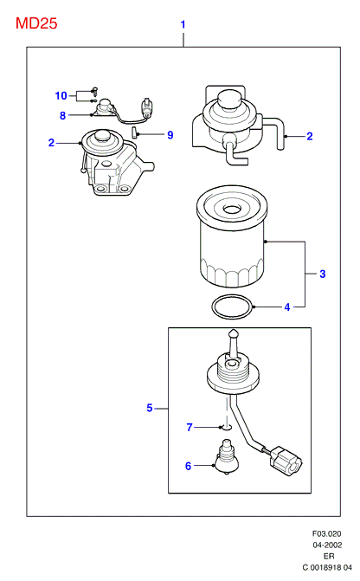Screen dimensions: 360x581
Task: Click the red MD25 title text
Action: (36, 23)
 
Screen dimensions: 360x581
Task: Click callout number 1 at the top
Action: (183, 24)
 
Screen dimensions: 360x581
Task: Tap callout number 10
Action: (61, 95)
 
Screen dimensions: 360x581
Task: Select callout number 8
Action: (62, 116)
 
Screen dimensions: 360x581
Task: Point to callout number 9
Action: (170, 135)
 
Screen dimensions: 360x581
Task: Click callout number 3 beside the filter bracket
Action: (322, 274)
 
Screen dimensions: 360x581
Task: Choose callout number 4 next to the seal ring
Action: (287, 307)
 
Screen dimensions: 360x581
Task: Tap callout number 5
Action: (149, 408)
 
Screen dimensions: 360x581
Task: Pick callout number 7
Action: (190, 428)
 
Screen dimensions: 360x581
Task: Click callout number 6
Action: (188, 466)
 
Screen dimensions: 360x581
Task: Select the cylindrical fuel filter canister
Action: (231, 236)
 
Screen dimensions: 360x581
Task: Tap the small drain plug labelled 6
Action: (226, 456)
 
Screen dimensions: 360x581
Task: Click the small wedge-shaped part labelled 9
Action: (135, 132)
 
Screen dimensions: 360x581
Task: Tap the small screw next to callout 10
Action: (95, 90)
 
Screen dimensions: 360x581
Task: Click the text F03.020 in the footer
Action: (326, 534)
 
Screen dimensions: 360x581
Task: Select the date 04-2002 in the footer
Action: (327, 545)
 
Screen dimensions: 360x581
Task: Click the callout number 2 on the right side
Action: (310, 136)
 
